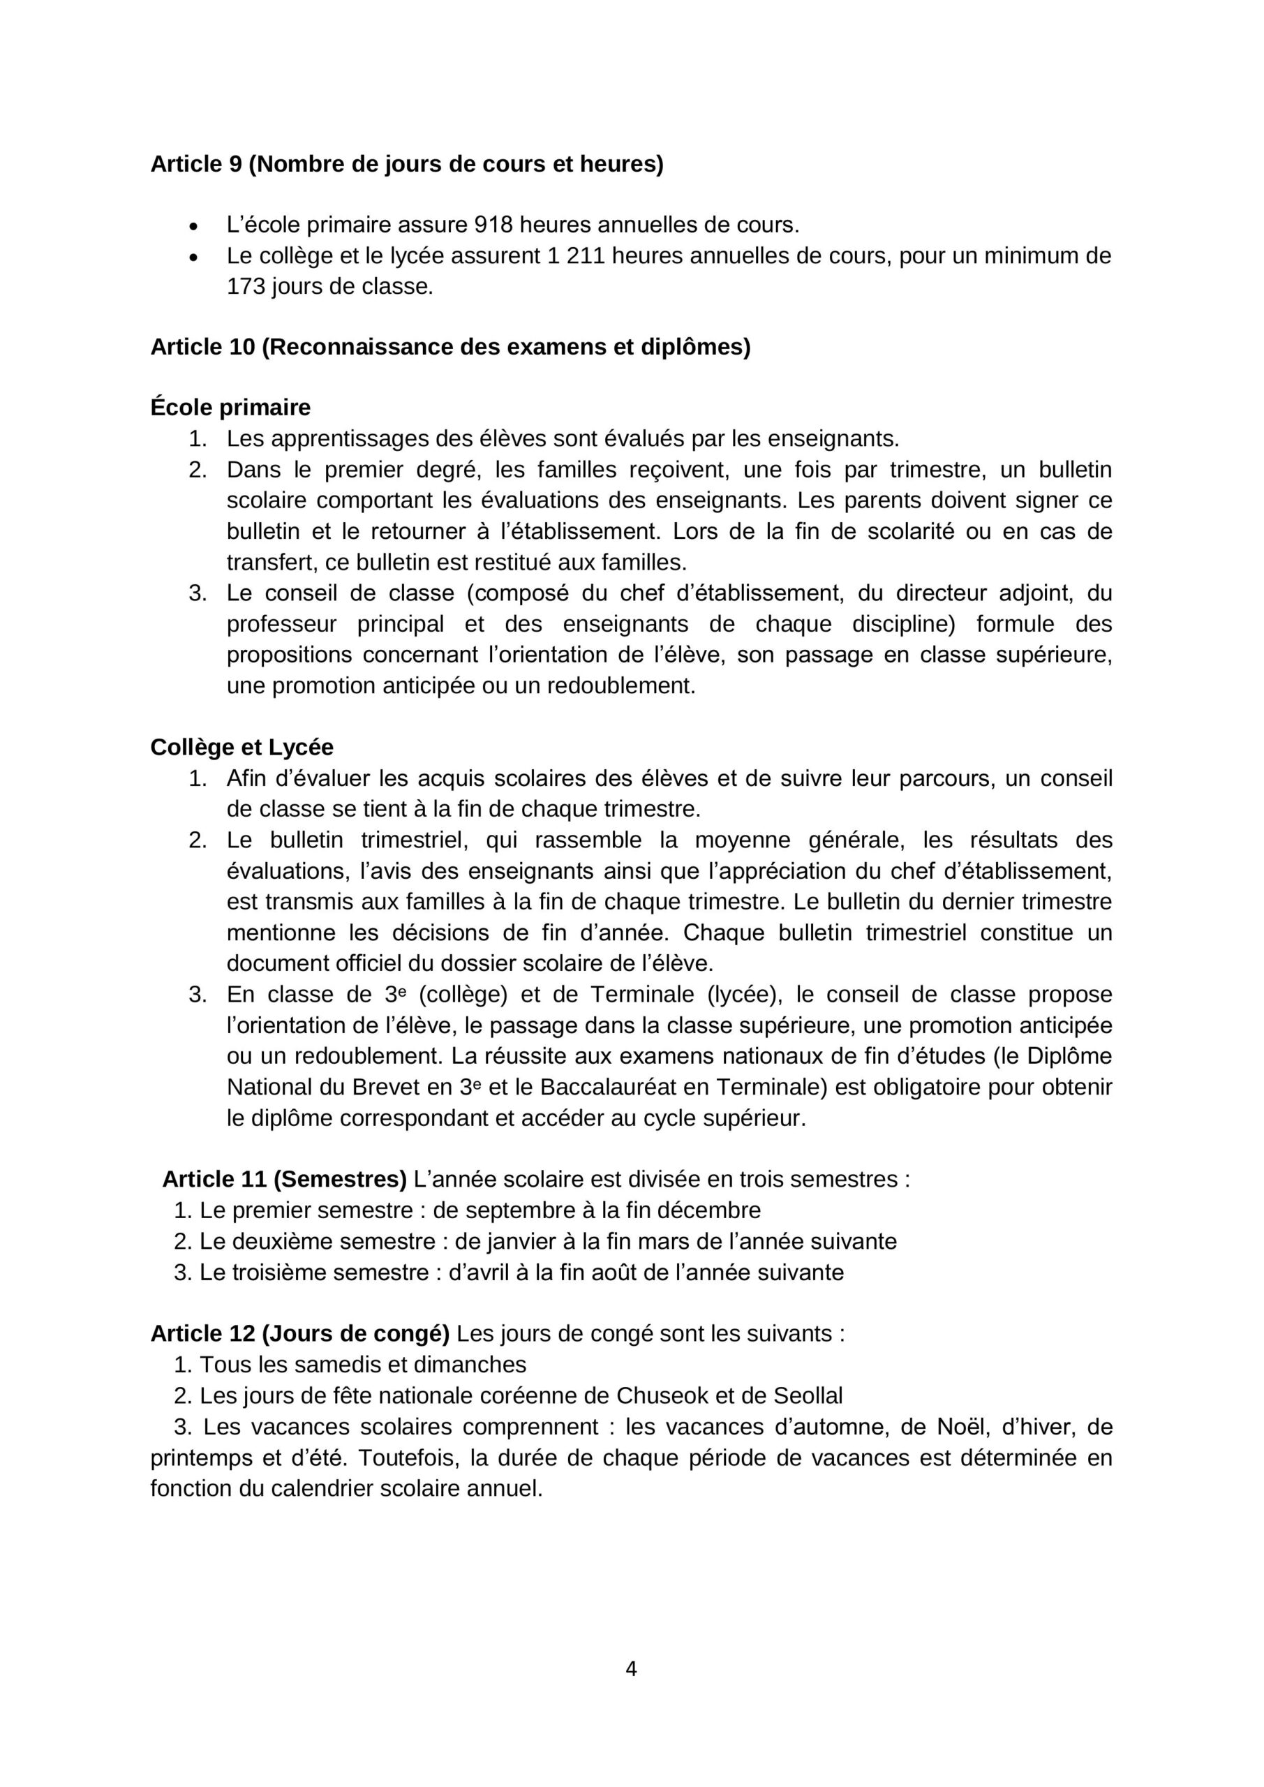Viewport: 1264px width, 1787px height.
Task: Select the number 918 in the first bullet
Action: click(x=493, y=225)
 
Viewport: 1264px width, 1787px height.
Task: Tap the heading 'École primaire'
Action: click(x=230, y=407)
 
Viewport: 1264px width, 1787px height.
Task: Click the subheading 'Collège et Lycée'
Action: click(x=242, y=747)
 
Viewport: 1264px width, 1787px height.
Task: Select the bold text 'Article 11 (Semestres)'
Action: click(x=284, y=1179)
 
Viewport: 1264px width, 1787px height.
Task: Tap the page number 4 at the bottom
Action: click(x=631, y=1669)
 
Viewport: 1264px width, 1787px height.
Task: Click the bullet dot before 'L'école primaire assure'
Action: click(x=194, y=226)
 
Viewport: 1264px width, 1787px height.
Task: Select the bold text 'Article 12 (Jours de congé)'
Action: click(x=299, y=1333)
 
